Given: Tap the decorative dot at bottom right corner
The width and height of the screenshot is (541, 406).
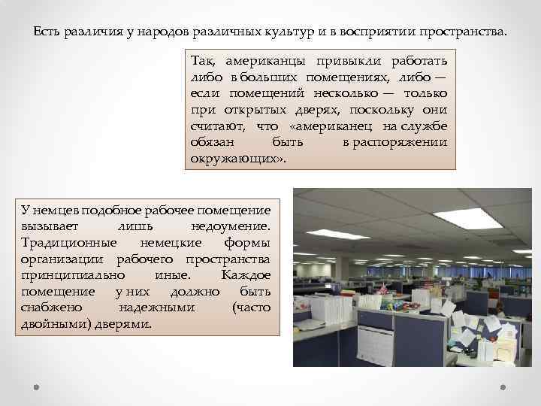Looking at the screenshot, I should [504, 389].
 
